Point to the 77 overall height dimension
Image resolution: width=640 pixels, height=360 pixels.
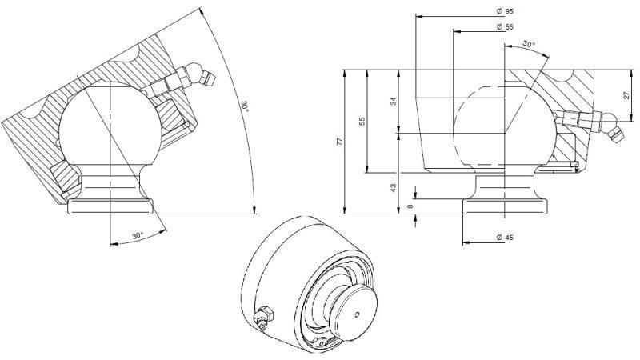[x=338, y=142]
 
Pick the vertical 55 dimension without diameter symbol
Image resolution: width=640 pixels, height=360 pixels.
[x=362, y=121]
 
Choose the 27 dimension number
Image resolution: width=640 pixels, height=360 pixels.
[x=626, y=94]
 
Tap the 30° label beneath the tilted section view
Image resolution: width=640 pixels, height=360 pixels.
[x=137, y=236]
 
